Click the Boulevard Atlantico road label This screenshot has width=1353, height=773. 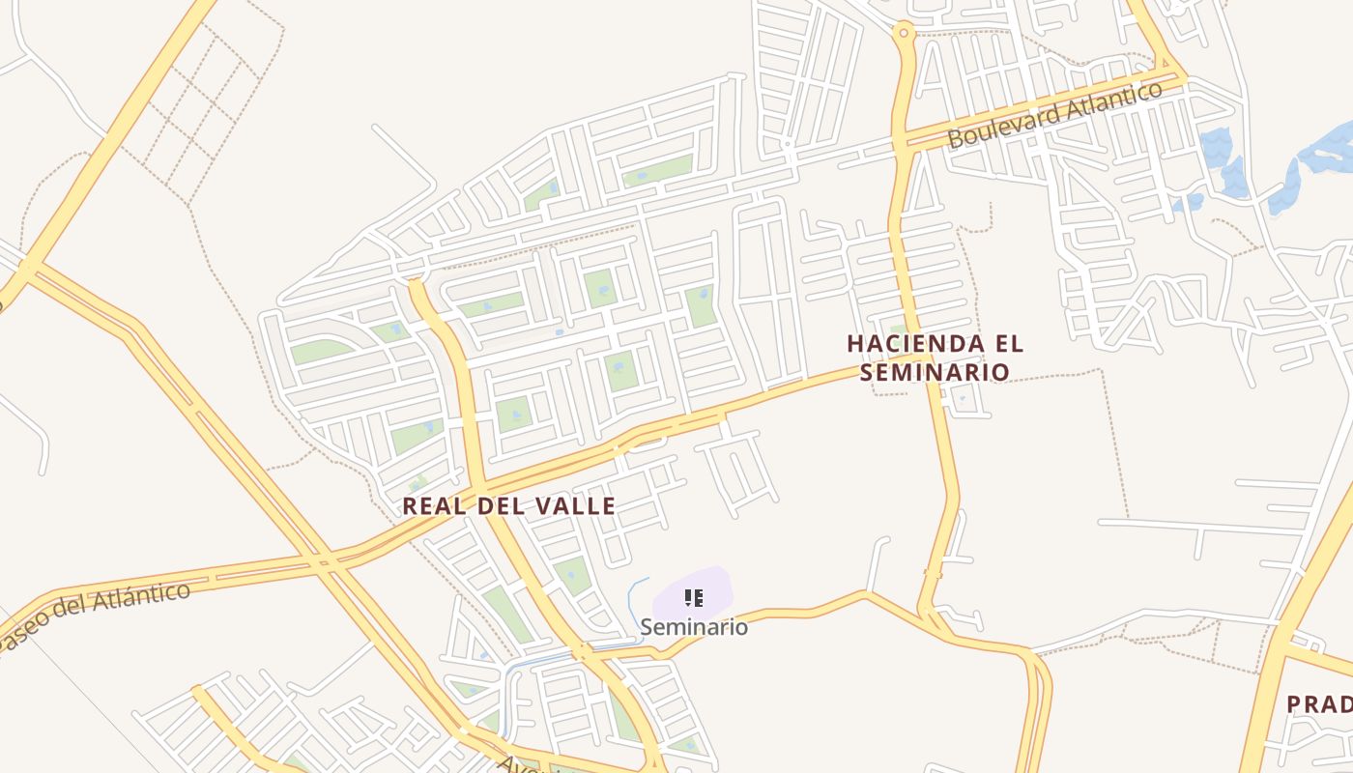tap(1054, 115)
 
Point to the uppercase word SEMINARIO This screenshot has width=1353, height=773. tap(935, 372)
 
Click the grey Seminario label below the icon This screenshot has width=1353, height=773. tap(694, 627)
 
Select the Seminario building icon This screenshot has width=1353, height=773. tap(693, 598)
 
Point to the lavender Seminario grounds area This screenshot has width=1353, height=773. tap(715, 586)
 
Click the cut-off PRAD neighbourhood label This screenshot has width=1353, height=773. tap(1319, 704)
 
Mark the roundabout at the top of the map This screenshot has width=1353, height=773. tap(905, 32)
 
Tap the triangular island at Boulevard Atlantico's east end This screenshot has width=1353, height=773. tap(1170, 75)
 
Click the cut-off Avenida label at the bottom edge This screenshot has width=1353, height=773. tap(522, 764)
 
